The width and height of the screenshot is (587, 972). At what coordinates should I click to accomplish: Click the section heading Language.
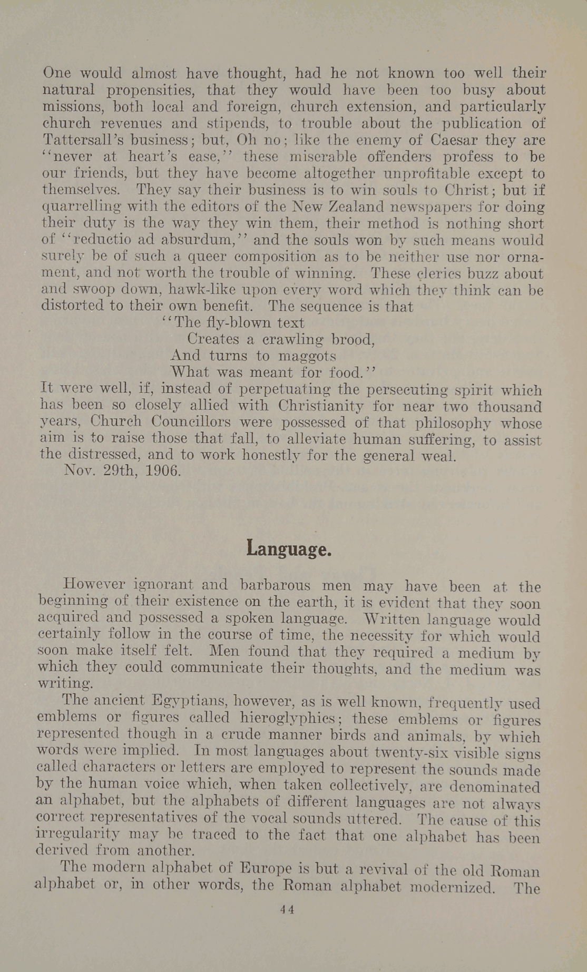click(289, 549)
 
